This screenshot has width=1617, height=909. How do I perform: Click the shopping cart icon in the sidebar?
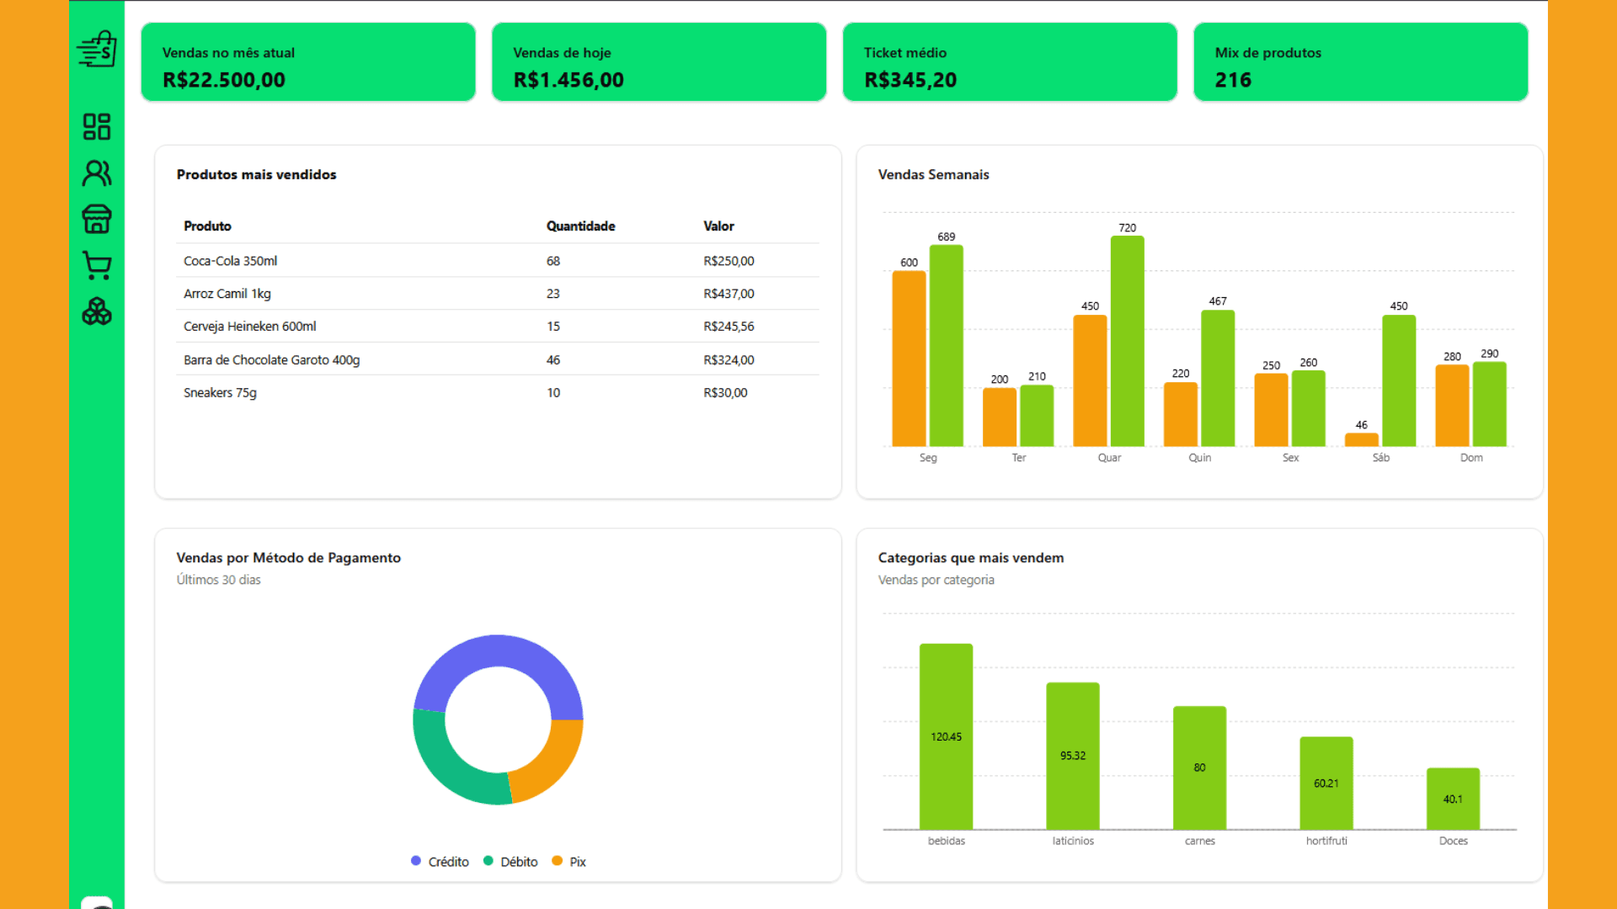(x=97, y=265)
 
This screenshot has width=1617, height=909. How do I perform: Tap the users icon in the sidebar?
(x=97, y=173)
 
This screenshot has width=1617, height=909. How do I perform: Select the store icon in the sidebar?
(x=97, y=219)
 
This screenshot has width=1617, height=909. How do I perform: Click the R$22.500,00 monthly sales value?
(x=224, y=80)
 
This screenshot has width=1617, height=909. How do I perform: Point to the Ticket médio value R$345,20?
(x=910, y=80)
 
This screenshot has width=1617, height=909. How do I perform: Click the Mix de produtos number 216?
(x=1233, y=80)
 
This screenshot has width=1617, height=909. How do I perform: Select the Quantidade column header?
(x=580, y=226)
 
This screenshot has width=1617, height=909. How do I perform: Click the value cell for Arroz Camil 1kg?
(x=728, y=294)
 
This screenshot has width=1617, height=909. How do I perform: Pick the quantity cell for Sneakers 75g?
(x=553, y=392)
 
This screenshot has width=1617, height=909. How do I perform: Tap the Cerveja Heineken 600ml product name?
(x=250, y=327)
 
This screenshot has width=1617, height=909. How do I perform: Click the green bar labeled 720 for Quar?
(x=1128, y=341)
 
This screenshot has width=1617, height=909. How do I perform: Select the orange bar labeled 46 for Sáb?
(x=1362, y=439)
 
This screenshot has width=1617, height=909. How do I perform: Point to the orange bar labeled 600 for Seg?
(x=910, y=359)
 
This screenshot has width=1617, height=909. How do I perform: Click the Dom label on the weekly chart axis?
(x=1471, y=458)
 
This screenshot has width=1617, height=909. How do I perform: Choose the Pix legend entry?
(x=569, y=862)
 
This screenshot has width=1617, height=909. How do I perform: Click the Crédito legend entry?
(x=440, y=862)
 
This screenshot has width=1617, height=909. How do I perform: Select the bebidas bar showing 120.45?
(x=946, y=736)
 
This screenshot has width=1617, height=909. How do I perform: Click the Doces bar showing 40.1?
(x=1453, y=799)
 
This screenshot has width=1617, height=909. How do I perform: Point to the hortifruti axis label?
(x=1326, y=841)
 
